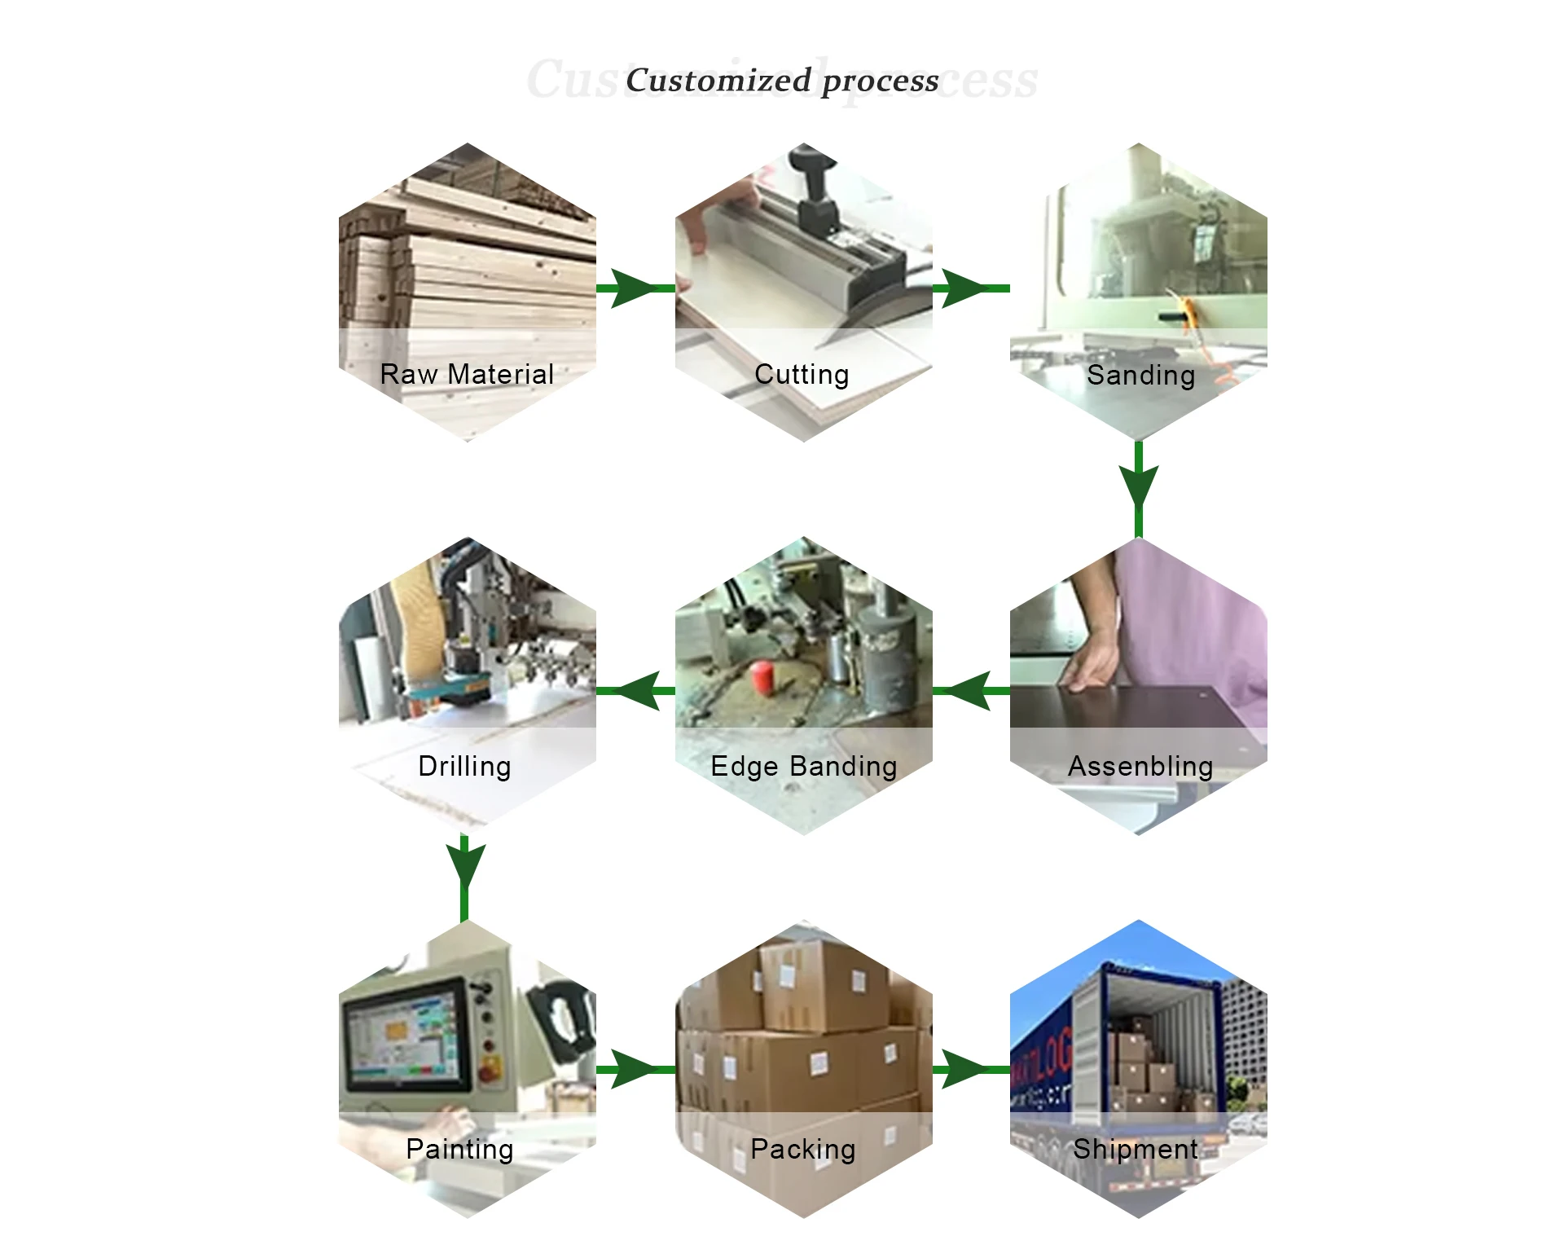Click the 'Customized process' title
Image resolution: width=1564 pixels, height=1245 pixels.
pos(782,80)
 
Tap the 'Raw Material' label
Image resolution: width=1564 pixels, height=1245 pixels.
pos(467,374)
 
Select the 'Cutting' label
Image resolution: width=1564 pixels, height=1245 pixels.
pos(802,374)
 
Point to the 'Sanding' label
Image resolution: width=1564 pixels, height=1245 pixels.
pos(1140,375)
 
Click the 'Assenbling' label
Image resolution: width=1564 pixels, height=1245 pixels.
pos(1140,766)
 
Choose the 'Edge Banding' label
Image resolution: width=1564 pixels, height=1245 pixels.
pos(804,766)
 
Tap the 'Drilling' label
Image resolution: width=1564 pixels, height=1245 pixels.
pos(464,766)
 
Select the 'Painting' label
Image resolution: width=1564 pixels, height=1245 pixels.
pos(459,1149)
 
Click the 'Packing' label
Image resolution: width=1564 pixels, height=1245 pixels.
pos(803,1149)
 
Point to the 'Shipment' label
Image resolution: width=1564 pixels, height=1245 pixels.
pos(1136,1149)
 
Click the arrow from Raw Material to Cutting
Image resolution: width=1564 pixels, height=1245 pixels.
pos(635,288)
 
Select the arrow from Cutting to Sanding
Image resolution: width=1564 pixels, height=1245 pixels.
pos(969,288)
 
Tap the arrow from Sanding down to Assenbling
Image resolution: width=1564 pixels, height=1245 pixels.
pos(1139,487)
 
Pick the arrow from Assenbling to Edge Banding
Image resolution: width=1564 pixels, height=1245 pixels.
pos(971,691)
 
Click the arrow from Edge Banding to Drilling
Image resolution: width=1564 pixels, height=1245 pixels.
pos(636,691)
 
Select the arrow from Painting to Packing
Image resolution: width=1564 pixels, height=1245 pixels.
pos(635,1069)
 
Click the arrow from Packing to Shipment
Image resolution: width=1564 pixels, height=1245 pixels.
pos(969,1069)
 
